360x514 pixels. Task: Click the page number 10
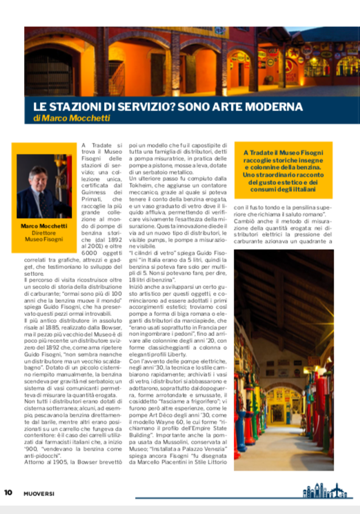click(8, 493)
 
